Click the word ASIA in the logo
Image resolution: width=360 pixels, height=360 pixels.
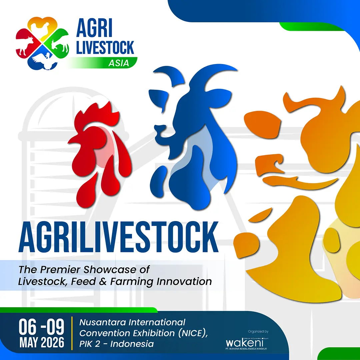[119, 63]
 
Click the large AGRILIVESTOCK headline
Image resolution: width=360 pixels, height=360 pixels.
[119, 239]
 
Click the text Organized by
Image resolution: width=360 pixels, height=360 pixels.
[258, 332]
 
